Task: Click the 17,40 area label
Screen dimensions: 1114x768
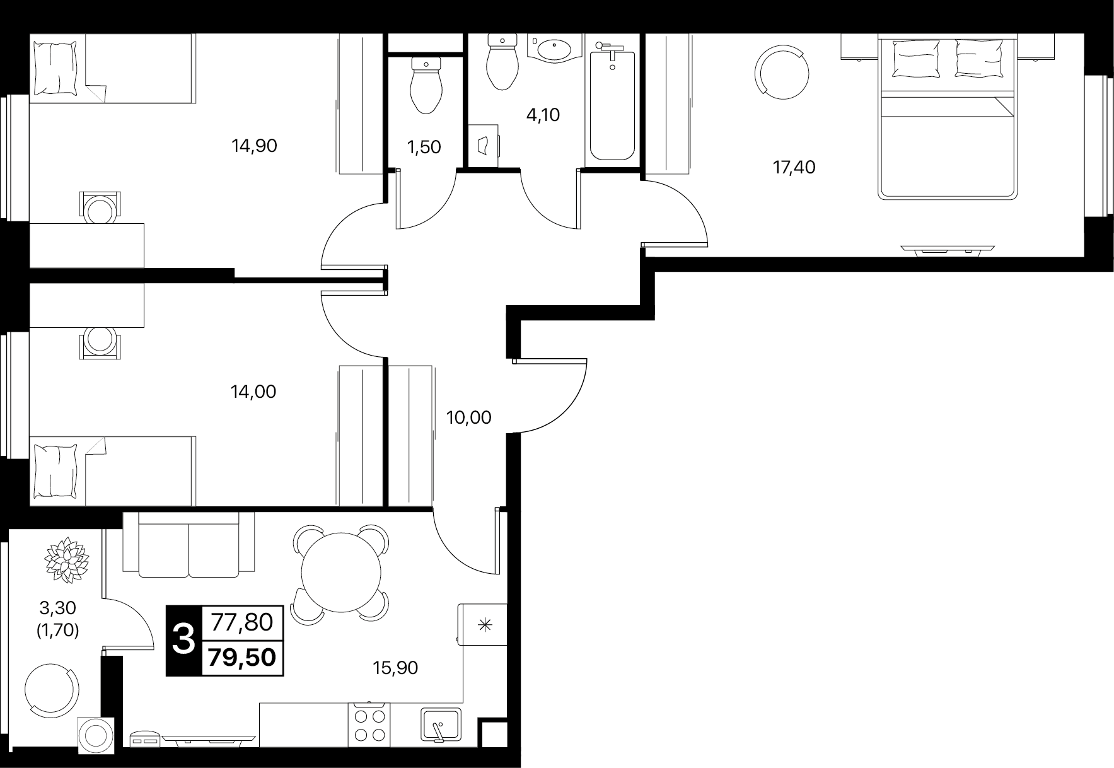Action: [x=794, y=168]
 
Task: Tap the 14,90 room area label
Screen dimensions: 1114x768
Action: [x=254, y=146]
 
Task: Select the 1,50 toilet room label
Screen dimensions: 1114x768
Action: [x=424, y=147]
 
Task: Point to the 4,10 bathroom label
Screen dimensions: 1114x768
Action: [x=542, y=115]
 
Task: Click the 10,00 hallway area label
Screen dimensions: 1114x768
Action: [x=468, y=417]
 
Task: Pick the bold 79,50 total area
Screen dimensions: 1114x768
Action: [x=242, y=658]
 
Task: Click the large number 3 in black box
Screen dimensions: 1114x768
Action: [x=183, y=641]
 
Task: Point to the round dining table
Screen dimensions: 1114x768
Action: [x=341, y=573]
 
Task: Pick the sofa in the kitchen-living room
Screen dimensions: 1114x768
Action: [x=189, y=544]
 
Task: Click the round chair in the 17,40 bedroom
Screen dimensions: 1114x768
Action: [x=782, y=71]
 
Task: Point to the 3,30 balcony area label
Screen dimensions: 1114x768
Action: [x=57, y=608]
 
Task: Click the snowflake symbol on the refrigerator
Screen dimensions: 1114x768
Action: [x=484, y=625]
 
